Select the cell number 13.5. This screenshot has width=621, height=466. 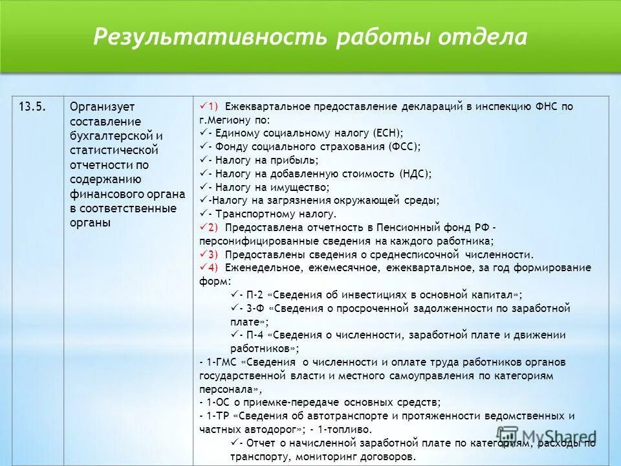pyautogui.click(x=32, y=107)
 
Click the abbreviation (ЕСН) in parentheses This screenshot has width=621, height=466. pyautogui.click(x=388, y=133)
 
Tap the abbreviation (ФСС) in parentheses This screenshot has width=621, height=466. pyautogui.click(x=404, y=146)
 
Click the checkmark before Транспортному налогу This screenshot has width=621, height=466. pyautogui.click(x=203, y=214)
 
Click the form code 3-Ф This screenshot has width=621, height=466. pyautogui.click(x=255, y=308)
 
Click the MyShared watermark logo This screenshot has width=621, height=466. pyautogui.click(x=547, y=437)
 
